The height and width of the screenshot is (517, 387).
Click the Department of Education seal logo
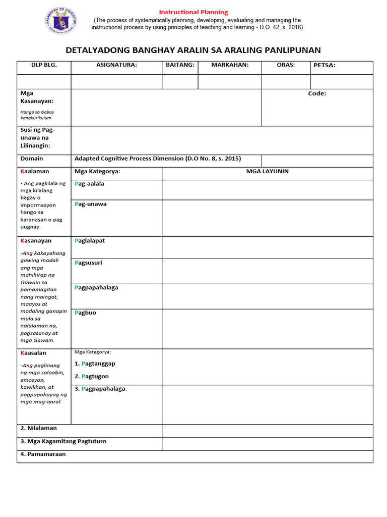point(62,21)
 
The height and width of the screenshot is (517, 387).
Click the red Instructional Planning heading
point(193,12)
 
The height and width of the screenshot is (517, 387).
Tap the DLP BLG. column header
point(44,65)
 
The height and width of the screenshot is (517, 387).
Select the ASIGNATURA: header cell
point(116,65)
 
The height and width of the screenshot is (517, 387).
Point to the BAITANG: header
point(180,65)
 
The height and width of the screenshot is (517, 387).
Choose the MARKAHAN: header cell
point(230,65)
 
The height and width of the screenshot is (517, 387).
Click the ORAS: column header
point(286,65)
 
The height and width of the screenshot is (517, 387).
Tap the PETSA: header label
point(325,66)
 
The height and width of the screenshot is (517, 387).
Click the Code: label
point(317,94)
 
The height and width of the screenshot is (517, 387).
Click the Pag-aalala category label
point(89,184)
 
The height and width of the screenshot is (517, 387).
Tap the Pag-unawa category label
point(90,204)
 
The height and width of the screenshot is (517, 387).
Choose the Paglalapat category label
point(90,241)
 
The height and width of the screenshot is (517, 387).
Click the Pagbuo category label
point(85,313)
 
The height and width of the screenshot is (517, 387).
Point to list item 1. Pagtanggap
point(95,364)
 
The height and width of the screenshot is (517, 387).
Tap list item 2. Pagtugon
point(92,377)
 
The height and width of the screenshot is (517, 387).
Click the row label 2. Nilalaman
point(39,428)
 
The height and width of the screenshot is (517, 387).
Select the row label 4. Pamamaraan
point(43,454)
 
